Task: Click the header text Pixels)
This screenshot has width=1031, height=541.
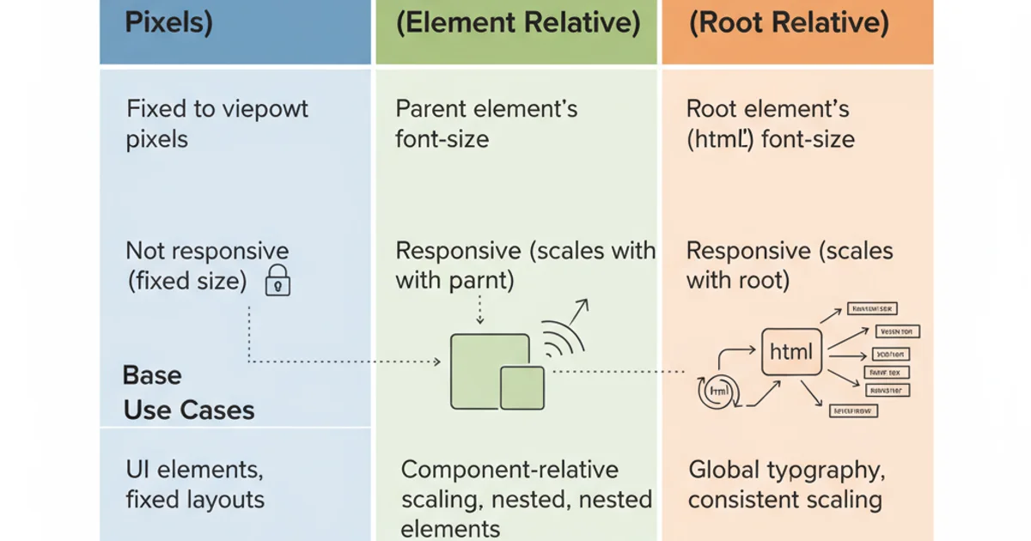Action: click(168, 23)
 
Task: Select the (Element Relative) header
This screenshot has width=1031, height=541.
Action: click(518, 23)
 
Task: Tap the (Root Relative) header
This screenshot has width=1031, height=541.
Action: click(789, 23)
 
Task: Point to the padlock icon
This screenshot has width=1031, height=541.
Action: click(278, 281)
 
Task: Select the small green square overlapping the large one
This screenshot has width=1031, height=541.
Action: click(522, 388)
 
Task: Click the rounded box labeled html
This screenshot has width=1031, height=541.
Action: click(791, 351)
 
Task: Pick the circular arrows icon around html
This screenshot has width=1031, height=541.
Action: click(715, 391)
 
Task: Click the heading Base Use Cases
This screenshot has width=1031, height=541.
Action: click(188, 393)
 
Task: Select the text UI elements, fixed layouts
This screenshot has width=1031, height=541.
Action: click(195, 484)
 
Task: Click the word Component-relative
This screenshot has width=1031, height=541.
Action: click(509, 470)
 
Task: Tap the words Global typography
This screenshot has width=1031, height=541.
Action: click(786, 470)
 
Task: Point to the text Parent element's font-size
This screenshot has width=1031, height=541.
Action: click(486, 124)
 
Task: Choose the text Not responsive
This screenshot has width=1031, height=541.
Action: click(207, 251)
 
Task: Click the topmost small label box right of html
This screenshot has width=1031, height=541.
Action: click(871, 308)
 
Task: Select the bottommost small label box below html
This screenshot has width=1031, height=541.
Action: click(853, 411)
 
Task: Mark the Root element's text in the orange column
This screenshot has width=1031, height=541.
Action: click(767, 110)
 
